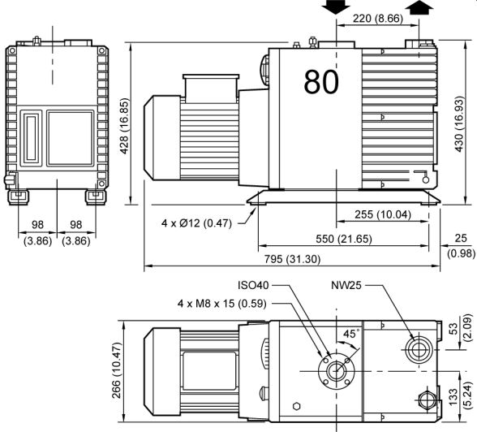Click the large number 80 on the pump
click(321, 81)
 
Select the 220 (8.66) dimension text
click(377, 19)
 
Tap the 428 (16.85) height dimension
click(124, 126)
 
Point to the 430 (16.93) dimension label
click(459, 124)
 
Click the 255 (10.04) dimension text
click(383, 214)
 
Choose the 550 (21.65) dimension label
click(344, 239)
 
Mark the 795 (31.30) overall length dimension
click(292, 259)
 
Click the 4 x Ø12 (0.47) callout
click(196, 223)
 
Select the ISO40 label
click(253, 285)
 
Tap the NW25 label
click(346, 285)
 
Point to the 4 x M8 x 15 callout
click(221, 304)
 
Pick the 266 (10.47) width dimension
click(117, 370)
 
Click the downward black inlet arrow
click(336, 6)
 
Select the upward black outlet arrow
click(419, 6)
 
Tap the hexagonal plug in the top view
click(297, 407)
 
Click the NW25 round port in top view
click(419, 349)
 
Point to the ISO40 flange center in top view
click(336, 371)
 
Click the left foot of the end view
click(18, 197)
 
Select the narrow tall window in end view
click(31, 138)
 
